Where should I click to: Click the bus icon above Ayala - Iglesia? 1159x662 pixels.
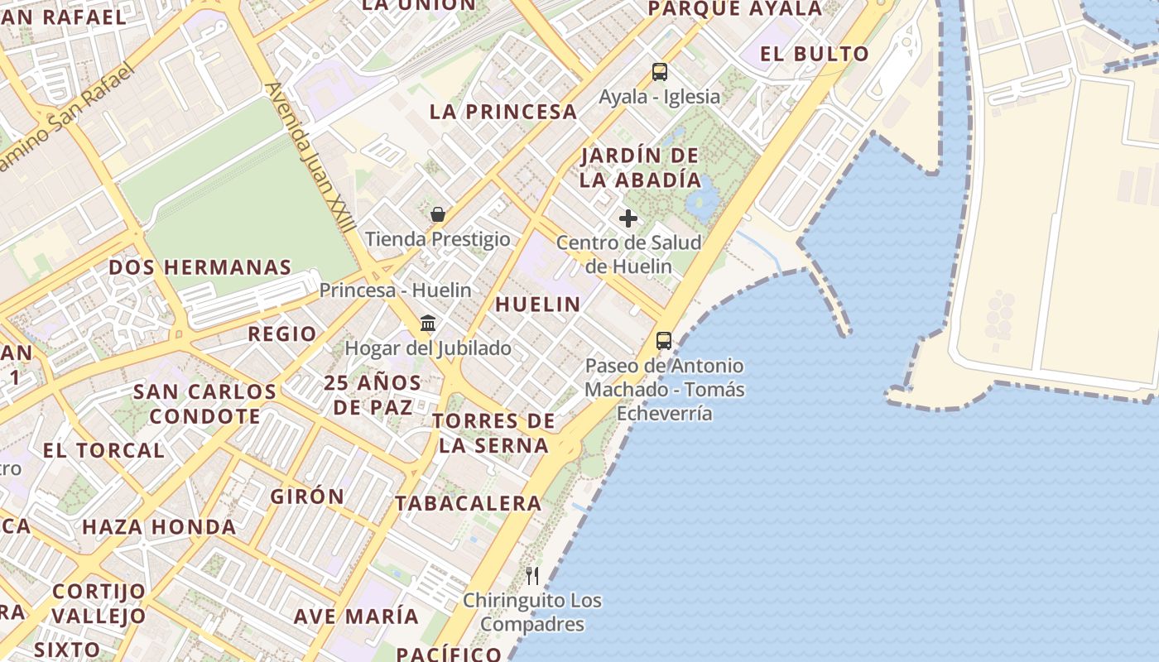[659, 72]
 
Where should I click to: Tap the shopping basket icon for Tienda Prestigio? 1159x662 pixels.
[438, 215]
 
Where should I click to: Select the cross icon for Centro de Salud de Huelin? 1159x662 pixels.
[628, 218]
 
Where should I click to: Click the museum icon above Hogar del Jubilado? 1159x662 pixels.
[428, 323]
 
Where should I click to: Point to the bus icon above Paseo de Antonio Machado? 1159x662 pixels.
[663, 340]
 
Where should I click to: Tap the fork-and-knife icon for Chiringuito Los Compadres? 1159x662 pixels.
[532, 576]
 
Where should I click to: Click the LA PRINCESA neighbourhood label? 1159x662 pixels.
[503, 112]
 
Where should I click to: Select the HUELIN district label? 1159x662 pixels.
[538, 305]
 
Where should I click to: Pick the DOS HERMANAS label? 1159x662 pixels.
[200, 267]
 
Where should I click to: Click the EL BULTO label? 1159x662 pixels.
[815, 55]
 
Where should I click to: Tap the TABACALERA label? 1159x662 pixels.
[468, 503]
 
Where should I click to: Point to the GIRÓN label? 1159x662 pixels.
[307, 496]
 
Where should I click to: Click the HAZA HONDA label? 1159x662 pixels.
[159, 526]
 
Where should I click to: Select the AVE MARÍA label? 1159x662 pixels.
[356, 616]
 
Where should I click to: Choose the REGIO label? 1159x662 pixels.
[282, 334]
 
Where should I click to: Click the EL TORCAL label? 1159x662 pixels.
[103, 451]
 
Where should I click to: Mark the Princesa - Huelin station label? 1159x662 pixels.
[395, 290]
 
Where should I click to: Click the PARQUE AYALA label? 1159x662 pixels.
[735, 9]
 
